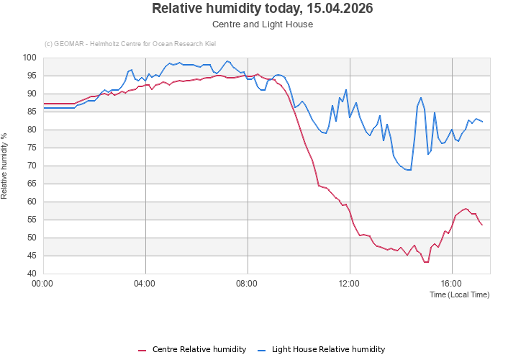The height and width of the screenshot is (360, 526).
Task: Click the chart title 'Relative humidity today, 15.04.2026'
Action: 263,9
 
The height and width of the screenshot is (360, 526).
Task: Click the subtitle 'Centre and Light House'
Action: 263,24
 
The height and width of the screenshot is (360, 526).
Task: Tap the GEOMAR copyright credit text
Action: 130,43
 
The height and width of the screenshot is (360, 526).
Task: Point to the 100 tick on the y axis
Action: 30,58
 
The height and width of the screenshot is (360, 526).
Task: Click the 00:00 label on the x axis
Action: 43,284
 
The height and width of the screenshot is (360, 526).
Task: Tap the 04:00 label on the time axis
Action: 145,284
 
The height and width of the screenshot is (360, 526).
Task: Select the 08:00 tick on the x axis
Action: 247,284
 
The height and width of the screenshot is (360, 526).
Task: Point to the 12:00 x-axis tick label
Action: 349,284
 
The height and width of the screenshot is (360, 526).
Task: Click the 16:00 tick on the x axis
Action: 451,284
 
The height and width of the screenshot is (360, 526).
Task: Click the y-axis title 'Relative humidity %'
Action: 5,166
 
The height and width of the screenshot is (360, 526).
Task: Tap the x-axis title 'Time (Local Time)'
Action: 459,294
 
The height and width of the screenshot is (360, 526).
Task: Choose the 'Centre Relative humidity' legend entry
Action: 192,349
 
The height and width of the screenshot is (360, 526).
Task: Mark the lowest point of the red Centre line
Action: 426,262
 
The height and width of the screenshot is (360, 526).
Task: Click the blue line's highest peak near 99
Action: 227,61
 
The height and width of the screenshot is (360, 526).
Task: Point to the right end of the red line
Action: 482,225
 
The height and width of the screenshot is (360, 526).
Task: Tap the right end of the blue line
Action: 482,121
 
